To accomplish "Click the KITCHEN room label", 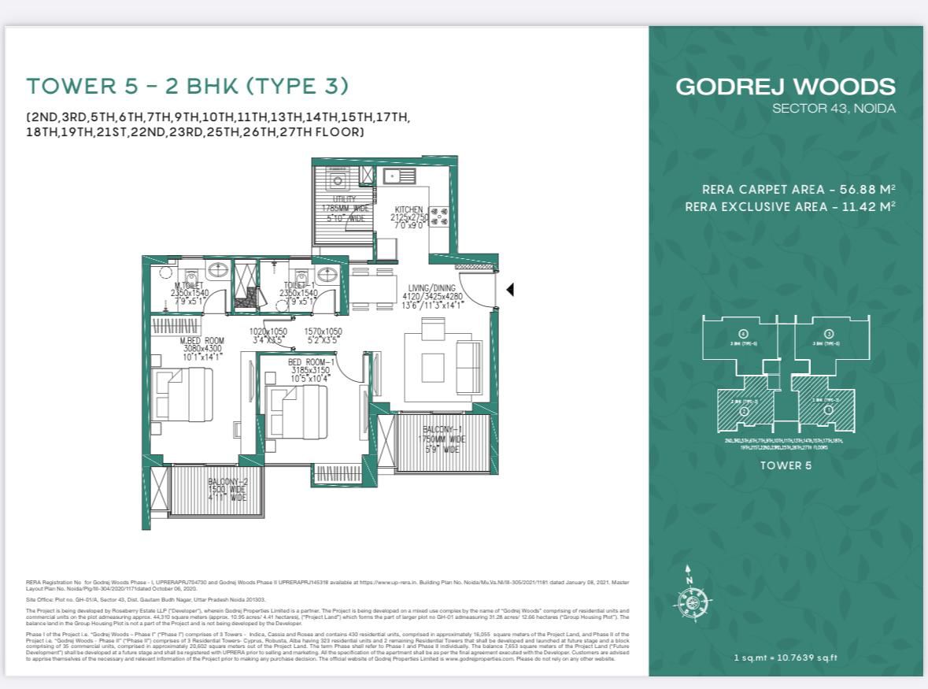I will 409,210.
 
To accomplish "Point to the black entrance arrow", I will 510,290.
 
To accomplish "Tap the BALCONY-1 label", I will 443,429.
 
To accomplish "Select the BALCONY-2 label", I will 227,481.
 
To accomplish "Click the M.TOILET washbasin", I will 220,272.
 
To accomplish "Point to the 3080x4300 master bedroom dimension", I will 203,348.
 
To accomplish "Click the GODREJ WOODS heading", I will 785,87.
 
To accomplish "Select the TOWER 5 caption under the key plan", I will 785,465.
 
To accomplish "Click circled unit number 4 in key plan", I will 743,334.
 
